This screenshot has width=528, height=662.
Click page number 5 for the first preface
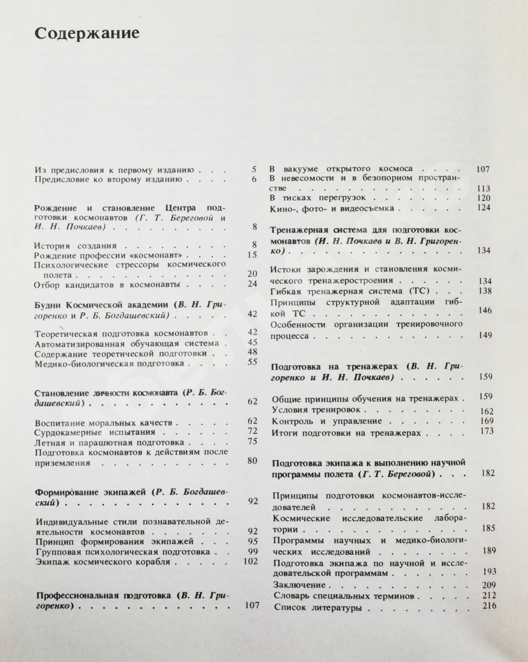pyautogui.click(x=254, y=169)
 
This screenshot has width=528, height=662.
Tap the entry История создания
pyautogui.click(x=75, y=246)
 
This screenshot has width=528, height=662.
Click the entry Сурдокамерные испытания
pyautogui.click(x=95, y=432)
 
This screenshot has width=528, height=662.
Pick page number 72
pyautogui.click(x=252, y=431)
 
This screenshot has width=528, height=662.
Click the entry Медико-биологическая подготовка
pyautogui.click(x=109, y=364)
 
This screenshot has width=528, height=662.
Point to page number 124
pyautogui.click(x=484, y=207)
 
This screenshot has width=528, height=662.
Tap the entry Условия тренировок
pyautogui.click(x=316, y=410)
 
